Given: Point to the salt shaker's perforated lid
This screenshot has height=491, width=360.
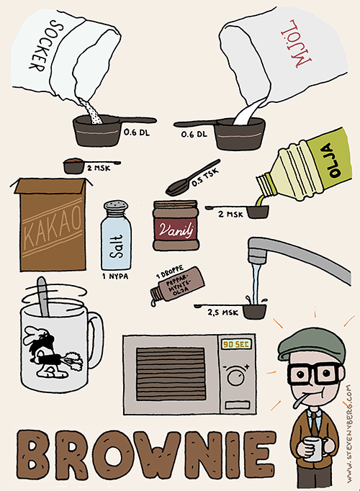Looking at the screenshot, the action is click(x=116, y=207).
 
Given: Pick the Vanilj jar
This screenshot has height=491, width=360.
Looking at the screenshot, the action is click(x=176, y=225).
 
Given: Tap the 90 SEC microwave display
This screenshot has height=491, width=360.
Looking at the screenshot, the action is click(x=236, y=344).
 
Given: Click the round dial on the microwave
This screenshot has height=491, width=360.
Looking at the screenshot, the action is click(x=235, y=376).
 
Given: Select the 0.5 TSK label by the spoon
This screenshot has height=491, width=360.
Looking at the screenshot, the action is click(x=204, y=178).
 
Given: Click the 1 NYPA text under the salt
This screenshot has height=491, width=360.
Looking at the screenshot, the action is click(x=115, y=276).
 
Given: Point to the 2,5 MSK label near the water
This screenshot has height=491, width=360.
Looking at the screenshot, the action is click(x=222, y=312).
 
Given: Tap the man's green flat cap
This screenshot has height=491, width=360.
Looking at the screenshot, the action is click(x=311, y=343).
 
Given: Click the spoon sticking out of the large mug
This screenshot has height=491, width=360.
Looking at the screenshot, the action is click(x=43, y=296).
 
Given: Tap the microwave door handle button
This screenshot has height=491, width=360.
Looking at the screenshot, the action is click(x=238, y=405).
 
